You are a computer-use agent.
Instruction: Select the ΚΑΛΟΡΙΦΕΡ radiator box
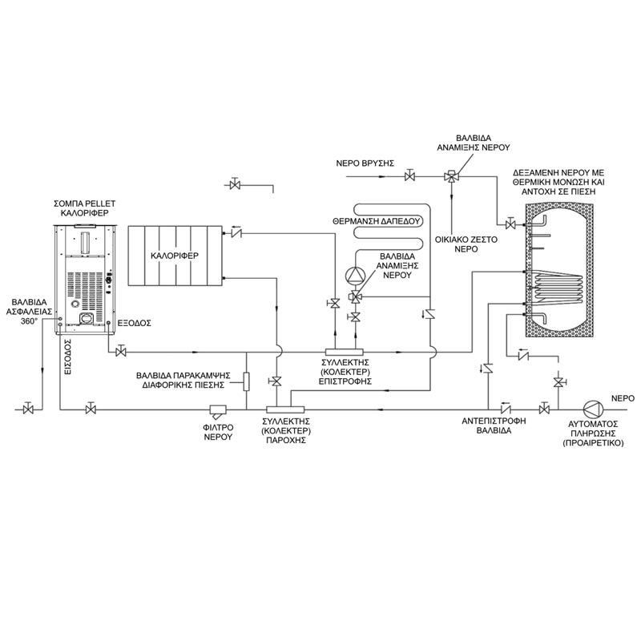(x=175, y=256)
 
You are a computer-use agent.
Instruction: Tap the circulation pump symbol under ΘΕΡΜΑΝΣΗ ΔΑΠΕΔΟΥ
(x=353, y=276)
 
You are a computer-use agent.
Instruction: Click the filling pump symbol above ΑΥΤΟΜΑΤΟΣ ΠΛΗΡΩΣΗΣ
(x=592, y=409)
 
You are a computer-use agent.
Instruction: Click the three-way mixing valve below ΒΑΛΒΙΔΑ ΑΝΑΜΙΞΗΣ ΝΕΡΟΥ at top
(x=453, y=175)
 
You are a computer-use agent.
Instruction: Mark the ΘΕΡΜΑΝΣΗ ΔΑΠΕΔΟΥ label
(x=365, y=220)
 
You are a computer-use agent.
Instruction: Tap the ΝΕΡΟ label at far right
(x=623, y=397)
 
